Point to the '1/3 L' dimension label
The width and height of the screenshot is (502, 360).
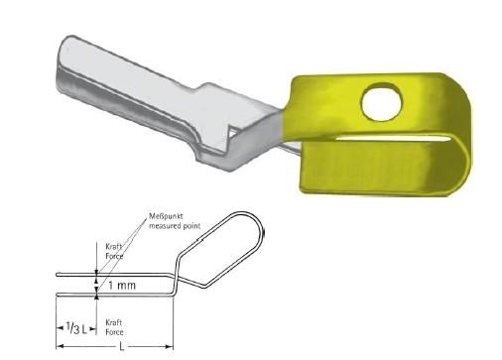coord(75,327)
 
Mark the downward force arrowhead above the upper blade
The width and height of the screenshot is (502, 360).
coord(96,271)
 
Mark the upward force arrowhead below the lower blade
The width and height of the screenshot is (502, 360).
coord(96,299)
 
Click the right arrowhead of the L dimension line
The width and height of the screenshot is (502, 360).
coord(172,346)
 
